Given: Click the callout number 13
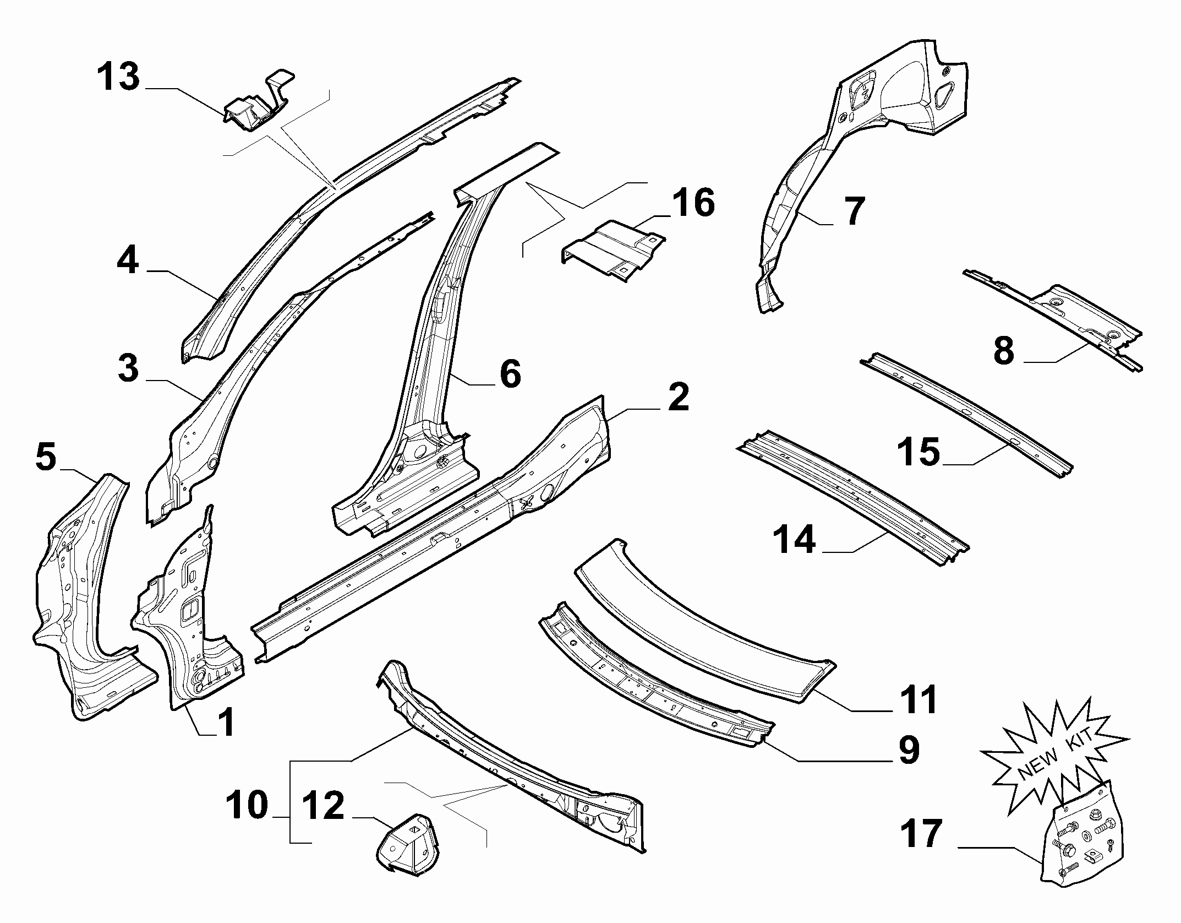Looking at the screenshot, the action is click(x=118, y=77).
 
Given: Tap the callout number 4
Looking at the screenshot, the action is click(x=128, y=260).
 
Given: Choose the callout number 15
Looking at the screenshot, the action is click(x=919, y=452).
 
